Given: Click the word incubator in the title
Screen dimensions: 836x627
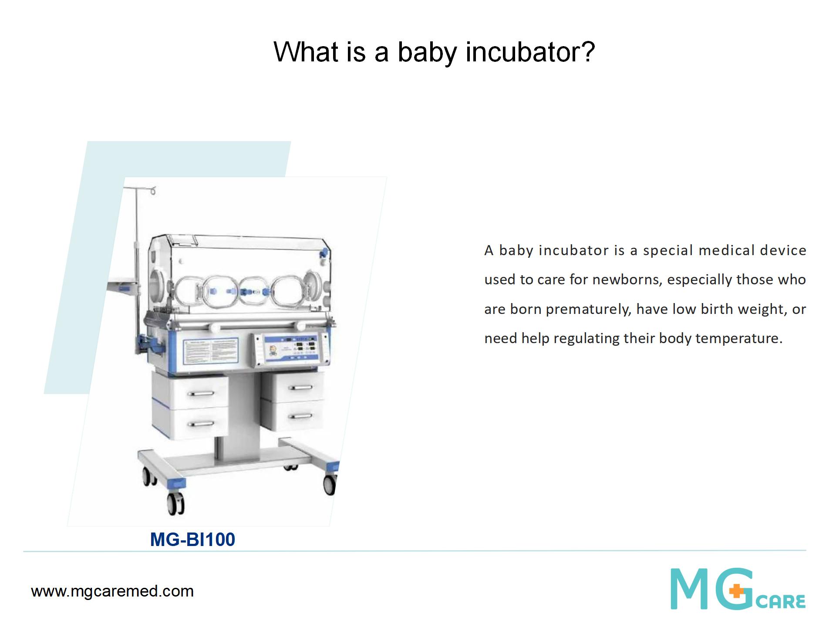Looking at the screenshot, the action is pyautogui.click(x=522, y=52).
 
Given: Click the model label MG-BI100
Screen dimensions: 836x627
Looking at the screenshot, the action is pyautogui.click(x=192, y=539).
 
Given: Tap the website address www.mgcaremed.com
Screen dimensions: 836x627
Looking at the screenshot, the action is pyautogui.click(x=112, y=591).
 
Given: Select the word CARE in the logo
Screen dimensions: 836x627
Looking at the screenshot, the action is pyautogui.click(x=781, y=601).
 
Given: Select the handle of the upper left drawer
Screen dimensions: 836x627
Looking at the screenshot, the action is pyautogui.click(x=201, y=393).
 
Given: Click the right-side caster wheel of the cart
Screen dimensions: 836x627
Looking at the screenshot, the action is pyautogui.click(x=330, y=484).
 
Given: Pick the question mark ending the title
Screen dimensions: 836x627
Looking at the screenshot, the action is pyautogui.click(x=588, y=51).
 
